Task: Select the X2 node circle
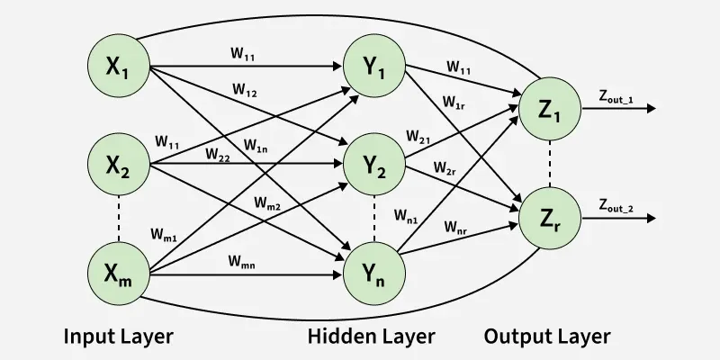pyautogui.click(x=119, y=165)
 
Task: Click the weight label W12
pyautogui.click(x=245, y=90)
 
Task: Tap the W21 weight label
pyautogui.click(x=418, y=138)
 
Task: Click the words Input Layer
pyautogui.click(x=118, y=337)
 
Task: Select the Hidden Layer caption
pyautogui.click(x=371, y=337)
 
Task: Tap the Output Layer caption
pyautogui.click(x=547, y=337)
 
